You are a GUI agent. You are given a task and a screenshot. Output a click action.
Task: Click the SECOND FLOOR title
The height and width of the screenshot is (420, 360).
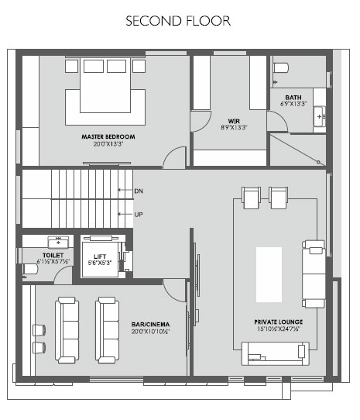(178, 21)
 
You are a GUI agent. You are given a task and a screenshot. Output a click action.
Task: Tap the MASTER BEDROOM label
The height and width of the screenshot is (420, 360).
(108, 136)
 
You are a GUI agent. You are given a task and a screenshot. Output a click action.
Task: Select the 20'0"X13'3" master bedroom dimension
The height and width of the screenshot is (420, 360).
(108, 144)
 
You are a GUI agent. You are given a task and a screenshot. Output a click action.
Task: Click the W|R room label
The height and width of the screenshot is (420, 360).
(234, 121)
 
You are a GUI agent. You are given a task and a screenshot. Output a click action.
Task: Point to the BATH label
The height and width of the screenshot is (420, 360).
(293, 98)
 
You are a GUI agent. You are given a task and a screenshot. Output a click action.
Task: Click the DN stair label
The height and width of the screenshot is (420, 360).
(139, 191)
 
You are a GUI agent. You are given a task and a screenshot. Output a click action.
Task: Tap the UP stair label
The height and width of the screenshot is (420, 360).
(139, 215)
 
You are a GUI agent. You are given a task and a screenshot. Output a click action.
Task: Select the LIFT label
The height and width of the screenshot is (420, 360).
(100, 256)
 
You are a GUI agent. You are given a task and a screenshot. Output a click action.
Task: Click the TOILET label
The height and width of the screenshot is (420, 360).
(53, 255)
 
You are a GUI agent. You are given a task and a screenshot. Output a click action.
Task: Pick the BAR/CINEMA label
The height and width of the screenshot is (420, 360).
(150, 325)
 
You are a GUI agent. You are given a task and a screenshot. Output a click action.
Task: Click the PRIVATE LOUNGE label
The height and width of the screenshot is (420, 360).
(279, 322)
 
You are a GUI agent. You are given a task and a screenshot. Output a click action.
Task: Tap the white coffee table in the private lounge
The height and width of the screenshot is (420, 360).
(269, 274)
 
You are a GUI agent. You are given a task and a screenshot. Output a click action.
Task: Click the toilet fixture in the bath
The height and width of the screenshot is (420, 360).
(281, 67)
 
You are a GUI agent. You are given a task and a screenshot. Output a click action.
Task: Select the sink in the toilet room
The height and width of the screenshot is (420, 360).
(58, 242)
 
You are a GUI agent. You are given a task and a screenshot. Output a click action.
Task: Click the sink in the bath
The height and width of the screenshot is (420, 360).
(320, 116)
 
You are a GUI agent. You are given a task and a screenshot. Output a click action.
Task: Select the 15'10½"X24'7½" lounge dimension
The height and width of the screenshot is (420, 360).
(279, 329)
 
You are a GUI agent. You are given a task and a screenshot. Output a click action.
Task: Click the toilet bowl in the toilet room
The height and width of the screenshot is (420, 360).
(30, 269)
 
